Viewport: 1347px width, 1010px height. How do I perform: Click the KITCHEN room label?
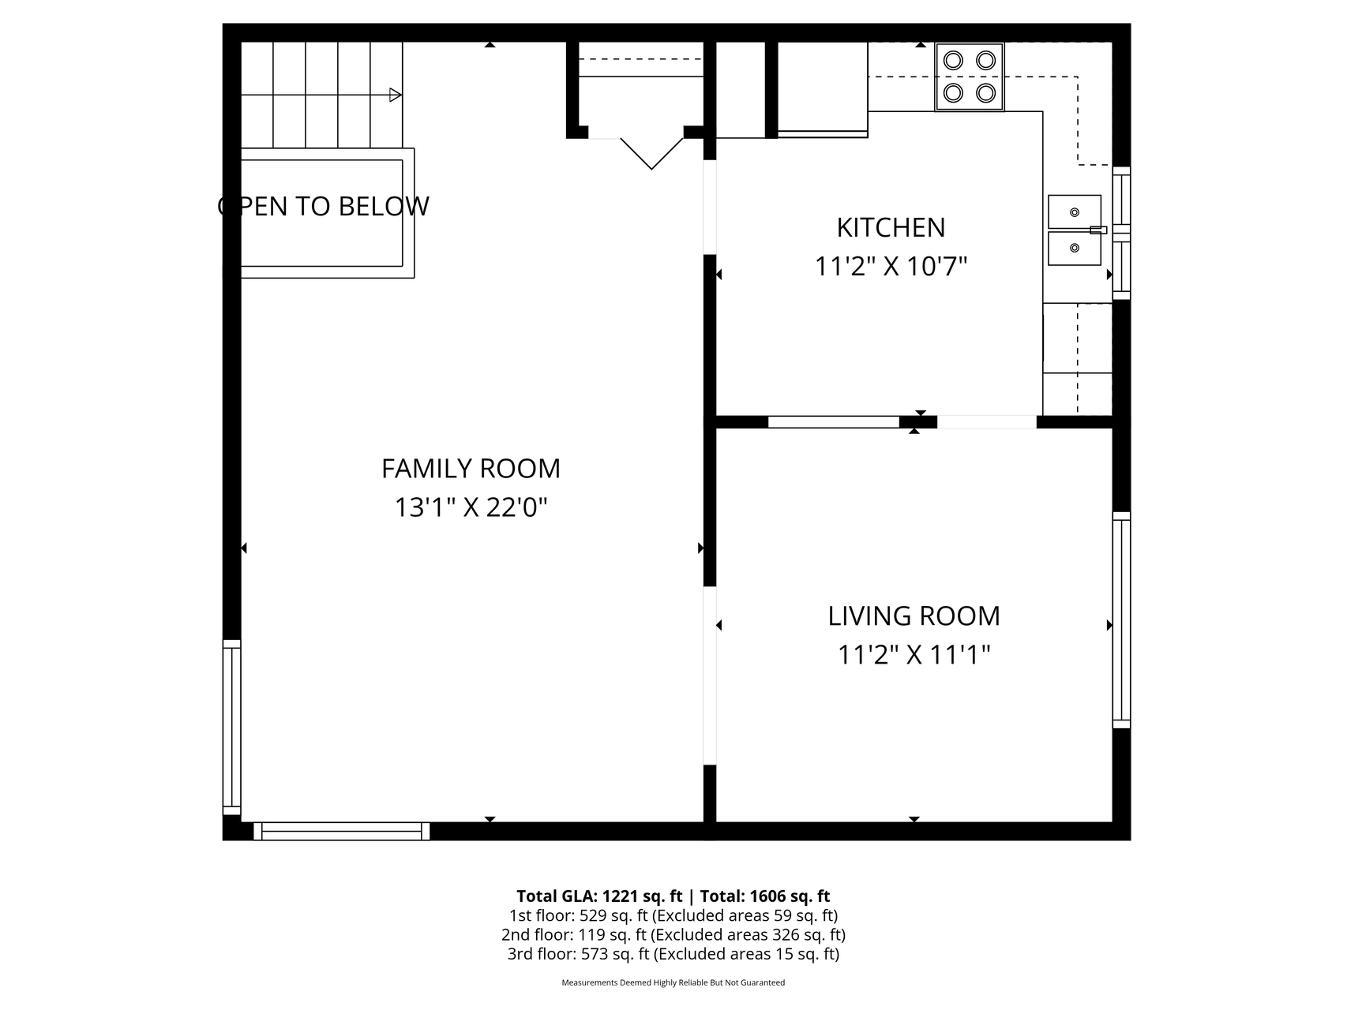(891, 227)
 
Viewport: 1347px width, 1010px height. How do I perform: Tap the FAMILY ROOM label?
(471, 469)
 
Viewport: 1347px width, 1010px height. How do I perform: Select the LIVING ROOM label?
(914, 616)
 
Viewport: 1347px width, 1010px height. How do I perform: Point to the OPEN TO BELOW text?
(324, 206)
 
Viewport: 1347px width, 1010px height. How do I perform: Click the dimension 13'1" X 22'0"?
(471, 507)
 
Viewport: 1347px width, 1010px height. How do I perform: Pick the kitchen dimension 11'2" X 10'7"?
(891, 267)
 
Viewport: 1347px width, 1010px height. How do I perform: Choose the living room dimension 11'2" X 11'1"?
(914, 655)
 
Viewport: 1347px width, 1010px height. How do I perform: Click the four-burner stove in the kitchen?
(970, 77)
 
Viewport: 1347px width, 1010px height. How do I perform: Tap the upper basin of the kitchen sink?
(1074, 211)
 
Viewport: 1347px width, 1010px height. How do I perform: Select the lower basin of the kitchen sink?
(1074, 249)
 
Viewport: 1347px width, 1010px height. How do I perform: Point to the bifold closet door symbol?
(651, 153)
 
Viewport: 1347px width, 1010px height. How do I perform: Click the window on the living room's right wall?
(1121, 620)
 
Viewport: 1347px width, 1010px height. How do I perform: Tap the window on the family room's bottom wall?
(342, 831)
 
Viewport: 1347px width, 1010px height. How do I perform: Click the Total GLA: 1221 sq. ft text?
(600, 896)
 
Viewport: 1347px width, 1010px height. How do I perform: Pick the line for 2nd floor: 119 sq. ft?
(673, 935)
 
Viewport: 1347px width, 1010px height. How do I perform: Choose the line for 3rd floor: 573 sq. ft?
(673, 954)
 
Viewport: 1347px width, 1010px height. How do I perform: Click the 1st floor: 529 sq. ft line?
(673, 915)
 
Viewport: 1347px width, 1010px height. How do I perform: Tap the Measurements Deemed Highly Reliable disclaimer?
(673, 982)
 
